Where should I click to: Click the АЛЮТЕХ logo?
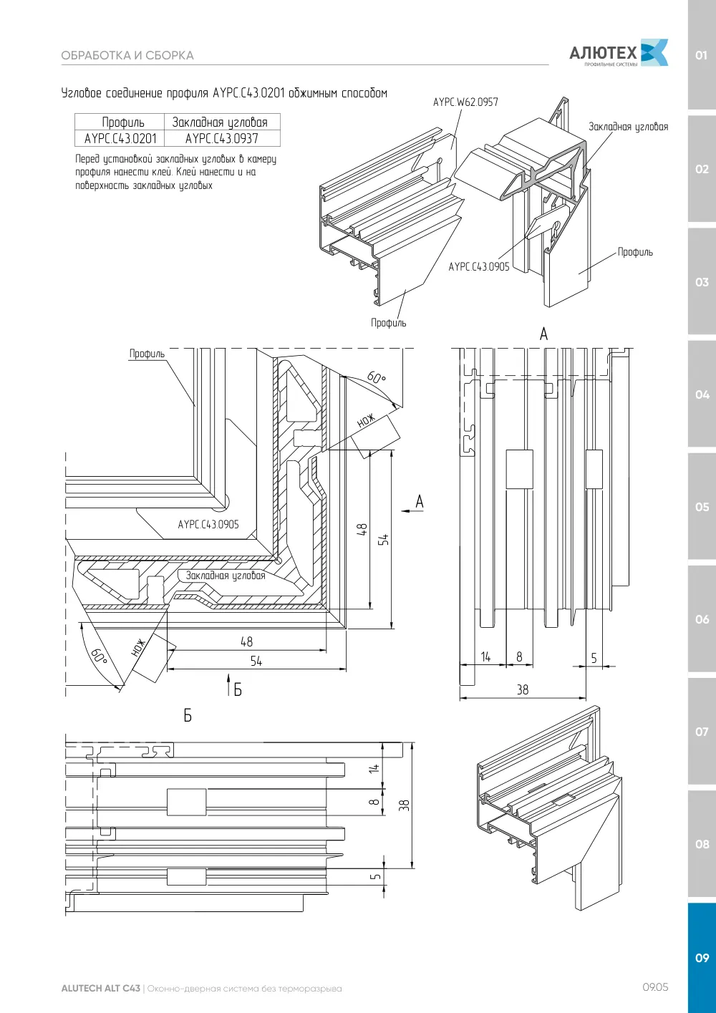619,53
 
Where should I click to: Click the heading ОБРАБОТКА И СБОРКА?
127,56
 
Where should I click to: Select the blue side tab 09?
702,958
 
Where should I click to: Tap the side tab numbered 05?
702,507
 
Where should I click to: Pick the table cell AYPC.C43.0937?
222,138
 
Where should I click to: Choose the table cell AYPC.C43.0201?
120,138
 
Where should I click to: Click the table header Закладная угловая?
220,122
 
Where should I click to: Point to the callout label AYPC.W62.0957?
465,102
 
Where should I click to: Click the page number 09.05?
655,987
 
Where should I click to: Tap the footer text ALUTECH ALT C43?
101,989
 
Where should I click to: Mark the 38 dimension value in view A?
523,689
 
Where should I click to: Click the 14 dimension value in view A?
485,656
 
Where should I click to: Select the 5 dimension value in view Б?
375,876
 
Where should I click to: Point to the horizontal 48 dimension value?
246,641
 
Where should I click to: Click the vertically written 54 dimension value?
383,540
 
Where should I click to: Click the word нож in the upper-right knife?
366,420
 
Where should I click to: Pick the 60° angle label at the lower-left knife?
99,656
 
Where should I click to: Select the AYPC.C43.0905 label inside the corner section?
208,525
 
